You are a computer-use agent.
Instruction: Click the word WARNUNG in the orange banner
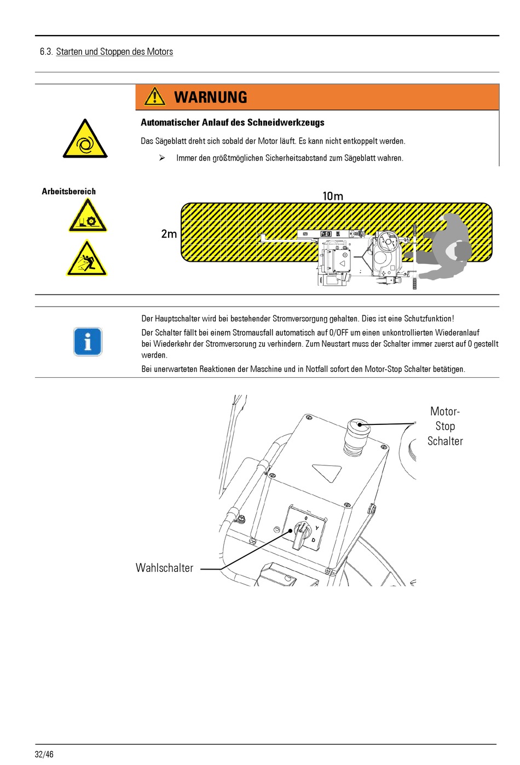tap(211, 97)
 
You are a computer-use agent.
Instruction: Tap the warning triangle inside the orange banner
tap(155, 96)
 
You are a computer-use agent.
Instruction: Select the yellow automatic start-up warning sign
tap(85, 140)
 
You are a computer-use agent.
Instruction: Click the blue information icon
tap(88, 342)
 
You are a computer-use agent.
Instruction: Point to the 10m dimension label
tap(333, 196)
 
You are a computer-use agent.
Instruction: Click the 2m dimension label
tap(169, 234)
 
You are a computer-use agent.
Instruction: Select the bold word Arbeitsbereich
tap(69, 191)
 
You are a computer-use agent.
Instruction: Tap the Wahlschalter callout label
tap(164, 568)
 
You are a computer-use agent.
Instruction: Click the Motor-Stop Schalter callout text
tap(445, 426)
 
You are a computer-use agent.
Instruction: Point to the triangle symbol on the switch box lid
tap(327, 471)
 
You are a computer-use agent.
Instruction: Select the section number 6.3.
tap(46, 51)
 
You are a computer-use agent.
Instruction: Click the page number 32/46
tap(44, 754)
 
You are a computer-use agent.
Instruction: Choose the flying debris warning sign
tap(87, 258)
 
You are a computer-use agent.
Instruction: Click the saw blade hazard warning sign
tap(88, 216)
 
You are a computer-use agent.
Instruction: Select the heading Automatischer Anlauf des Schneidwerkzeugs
tap(233, 123)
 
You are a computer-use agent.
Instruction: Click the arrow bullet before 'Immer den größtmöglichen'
tap(162, 158)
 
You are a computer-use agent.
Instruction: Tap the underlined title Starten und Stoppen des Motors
tap(114, 51)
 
